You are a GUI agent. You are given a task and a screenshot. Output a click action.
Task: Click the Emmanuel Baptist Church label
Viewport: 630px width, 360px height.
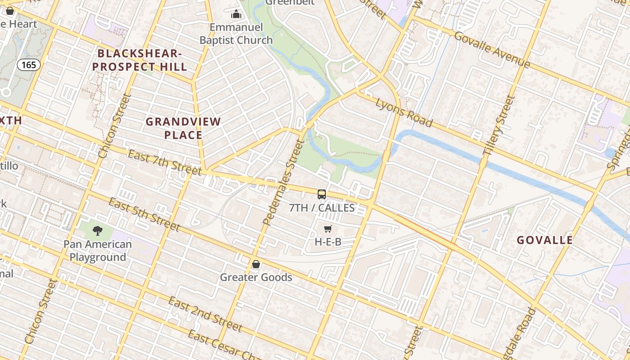click(236, 34)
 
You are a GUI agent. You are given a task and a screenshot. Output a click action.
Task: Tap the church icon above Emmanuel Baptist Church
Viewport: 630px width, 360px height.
click(236, 14)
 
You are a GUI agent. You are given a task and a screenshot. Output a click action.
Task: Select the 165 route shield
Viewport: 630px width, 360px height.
click(29, 65)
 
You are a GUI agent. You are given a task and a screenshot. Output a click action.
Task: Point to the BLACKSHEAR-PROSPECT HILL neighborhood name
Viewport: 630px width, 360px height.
click(142, 60)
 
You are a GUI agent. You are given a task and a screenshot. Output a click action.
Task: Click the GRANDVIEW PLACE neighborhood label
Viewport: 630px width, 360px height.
click(183, 128)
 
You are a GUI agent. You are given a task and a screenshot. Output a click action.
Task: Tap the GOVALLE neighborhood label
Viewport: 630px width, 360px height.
click(544, 240)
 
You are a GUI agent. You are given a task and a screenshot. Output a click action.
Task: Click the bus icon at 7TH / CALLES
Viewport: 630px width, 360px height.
click(322, 194)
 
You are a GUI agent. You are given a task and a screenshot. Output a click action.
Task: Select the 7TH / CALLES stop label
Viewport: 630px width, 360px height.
click(322, 208)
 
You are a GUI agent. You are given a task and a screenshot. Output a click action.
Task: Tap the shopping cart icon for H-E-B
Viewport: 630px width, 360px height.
click(328, 229)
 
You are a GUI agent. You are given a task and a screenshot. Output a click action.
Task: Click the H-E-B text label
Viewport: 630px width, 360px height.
click(328, 242)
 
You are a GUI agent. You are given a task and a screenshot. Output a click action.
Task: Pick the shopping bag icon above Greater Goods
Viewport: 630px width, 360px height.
click(256, 264)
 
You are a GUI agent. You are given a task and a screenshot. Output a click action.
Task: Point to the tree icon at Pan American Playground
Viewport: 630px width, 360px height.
click(97, 231)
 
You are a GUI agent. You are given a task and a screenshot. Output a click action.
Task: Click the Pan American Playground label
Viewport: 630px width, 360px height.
click(98, 251)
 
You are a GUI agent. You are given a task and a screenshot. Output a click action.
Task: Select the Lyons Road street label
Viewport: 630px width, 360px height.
click(404, 112)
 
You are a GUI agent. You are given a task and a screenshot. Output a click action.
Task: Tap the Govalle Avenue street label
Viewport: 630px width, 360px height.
click(492, 49)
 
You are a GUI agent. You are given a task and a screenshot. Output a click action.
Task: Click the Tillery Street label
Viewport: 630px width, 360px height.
click(498, 126)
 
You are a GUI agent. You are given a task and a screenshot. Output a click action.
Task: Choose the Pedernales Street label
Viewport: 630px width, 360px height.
click(284, 182)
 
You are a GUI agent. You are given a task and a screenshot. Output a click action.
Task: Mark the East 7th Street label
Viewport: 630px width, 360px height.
click(165, 162)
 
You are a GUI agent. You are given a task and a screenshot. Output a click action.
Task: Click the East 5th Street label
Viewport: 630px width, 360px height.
click(144, 214)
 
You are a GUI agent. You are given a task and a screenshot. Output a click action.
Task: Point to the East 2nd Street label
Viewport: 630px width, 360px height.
click(205, 314)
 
